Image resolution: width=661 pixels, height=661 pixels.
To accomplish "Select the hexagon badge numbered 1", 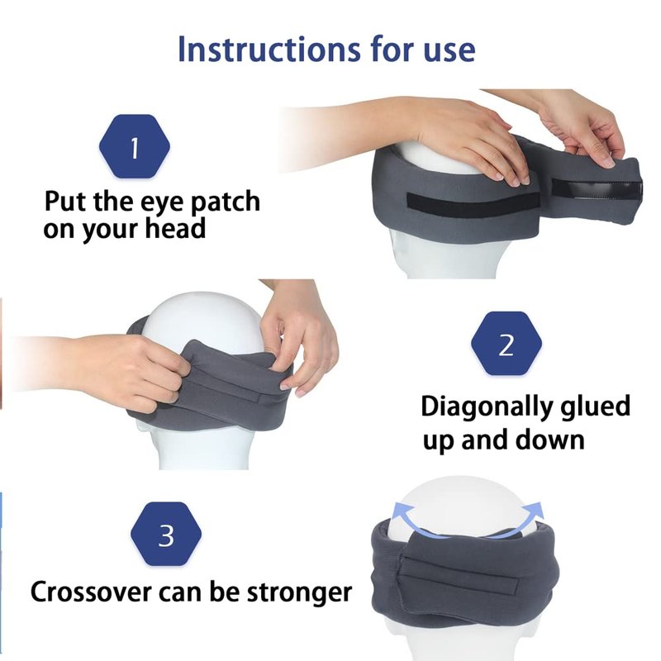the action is [135, 146].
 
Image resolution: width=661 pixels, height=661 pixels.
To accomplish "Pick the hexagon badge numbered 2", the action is [506, 344].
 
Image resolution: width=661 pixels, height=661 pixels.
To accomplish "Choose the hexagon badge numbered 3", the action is [166, 534].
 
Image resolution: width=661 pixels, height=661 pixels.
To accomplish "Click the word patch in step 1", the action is [225, 202].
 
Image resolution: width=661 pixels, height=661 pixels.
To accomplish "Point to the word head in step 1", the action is [175, 228].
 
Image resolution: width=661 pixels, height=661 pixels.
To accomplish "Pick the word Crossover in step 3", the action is [91, 592].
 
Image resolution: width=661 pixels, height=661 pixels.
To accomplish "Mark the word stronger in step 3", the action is [299, 593].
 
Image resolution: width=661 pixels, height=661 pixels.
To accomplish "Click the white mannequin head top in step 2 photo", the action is [202, 321].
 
